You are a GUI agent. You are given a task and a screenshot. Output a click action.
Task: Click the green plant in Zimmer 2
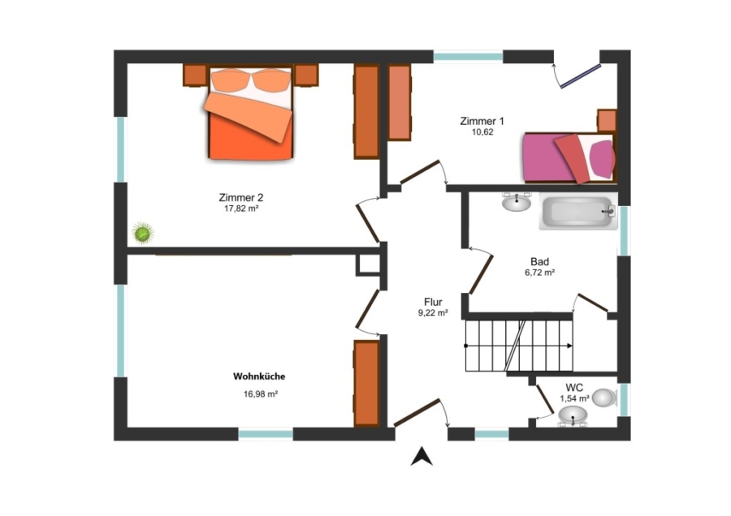[143, 234]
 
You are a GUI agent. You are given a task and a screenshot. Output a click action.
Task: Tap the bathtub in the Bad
[578, 213]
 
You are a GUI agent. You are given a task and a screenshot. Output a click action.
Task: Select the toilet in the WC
[605, 398]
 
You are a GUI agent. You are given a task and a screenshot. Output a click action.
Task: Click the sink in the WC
[573, 415]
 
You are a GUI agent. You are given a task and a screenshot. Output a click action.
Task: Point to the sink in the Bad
[517, 202]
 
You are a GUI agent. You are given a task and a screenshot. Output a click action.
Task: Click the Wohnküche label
[259, 376]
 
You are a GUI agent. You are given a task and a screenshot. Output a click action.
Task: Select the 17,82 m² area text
[241, 209]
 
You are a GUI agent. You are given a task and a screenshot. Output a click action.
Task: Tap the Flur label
[433, 302]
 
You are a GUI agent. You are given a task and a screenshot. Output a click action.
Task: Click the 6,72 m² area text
[539, 273]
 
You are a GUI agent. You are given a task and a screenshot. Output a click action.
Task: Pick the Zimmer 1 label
[482, 121]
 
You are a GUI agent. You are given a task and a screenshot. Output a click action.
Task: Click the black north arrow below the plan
[422, 457]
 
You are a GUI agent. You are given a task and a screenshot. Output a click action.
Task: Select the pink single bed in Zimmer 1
[569, 158]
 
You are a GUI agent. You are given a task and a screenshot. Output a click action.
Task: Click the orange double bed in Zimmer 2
[251, 113]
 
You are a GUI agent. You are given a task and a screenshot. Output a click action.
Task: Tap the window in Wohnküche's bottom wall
[266, 434]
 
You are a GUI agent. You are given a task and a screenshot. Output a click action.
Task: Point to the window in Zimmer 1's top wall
[469, 58]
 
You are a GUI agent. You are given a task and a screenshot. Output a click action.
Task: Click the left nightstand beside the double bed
[195, 75]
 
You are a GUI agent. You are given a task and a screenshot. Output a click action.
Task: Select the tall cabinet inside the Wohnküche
[366, 383]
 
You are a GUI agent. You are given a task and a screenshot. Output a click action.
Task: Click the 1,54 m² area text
[574, 398]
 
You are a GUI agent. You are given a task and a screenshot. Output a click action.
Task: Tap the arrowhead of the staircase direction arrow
[569, 346]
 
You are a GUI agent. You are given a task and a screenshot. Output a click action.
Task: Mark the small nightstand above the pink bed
[607, 121]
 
